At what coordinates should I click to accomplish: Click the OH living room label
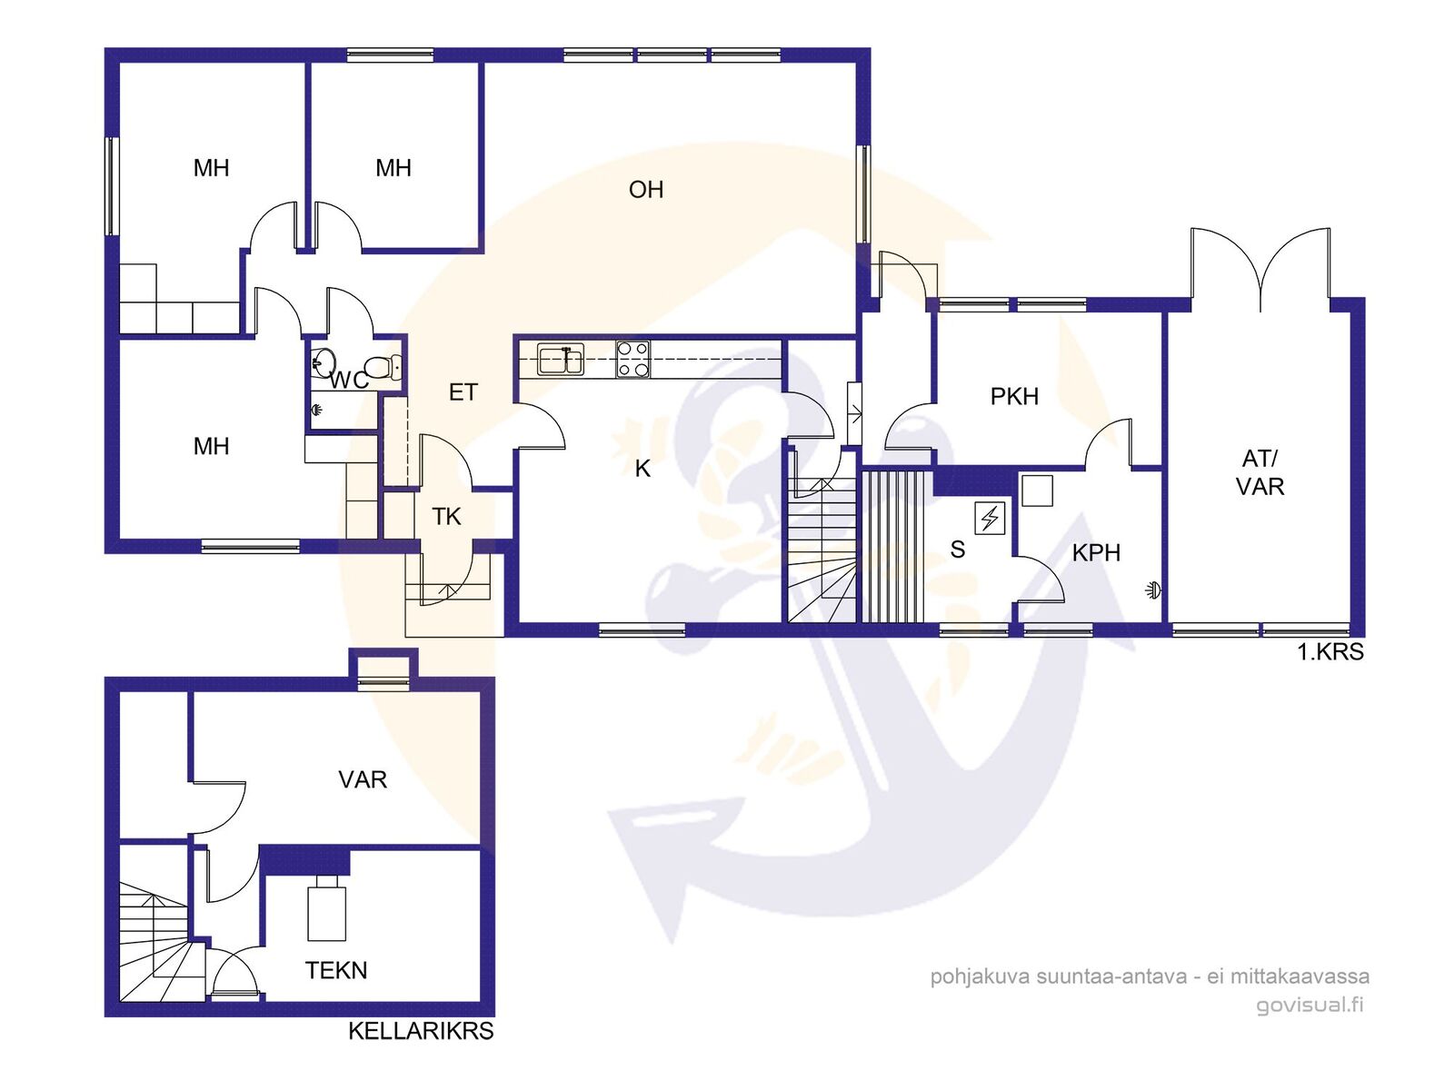coord(645,190)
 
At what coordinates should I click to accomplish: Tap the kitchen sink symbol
coord(560,360)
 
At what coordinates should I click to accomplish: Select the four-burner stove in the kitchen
coord(632,360)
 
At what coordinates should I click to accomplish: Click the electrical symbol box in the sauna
coord(989,518)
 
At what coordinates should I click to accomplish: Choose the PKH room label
coord(1013,396)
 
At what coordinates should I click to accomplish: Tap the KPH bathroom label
coord(1096,552)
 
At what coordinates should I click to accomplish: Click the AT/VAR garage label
coord(1260,472)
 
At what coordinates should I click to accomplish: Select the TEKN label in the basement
coord(336,970)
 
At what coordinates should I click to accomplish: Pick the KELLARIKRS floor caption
coord(421,1031)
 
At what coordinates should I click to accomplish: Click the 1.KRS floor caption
coord(1330,652)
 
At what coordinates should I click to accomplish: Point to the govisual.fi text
coord(1310,1005)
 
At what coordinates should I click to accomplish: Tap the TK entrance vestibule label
coord(446,517)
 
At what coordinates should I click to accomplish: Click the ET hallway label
coord(463,392)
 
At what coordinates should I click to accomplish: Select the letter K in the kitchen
coord(642,469)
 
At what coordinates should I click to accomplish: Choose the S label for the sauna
coord(957,549)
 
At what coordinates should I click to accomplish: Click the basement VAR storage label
coord(363,779)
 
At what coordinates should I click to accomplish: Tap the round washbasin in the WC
coord(324,362)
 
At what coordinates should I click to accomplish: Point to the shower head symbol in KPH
coord(1153,590)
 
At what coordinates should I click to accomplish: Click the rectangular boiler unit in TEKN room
coord(326,908)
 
